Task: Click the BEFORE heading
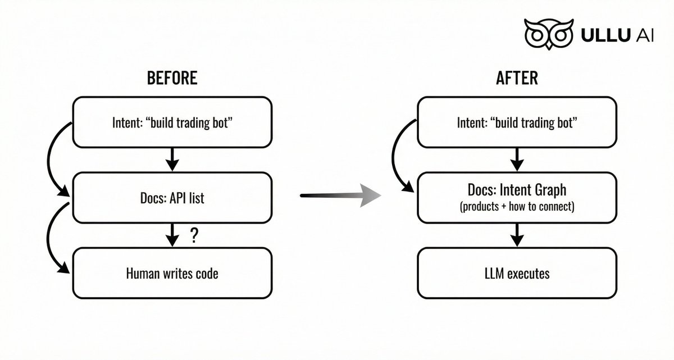pyautogui.click(x=172, y=78)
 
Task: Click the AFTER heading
pyautogui.click(x=517, y=78)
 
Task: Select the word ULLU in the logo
pyautogui.click(x=605, y=35)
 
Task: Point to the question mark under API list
pyautogui.click(x=195, y=235)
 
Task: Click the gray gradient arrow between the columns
pyautogui.click(x=340, y=195)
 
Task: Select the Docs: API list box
pyautogui.click(x=172, y=198)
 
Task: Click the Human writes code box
pyautogui.click(x=172, y=273)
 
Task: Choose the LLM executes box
pyautogui.click(x=517, y=273)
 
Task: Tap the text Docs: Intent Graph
pyautogui.click(x=517, y=190)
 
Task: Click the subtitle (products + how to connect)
pyautogui.click(x=517, y=207)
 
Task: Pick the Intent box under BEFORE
pyautogui.click(x=172, y=122)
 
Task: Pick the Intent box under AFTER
pyautogui.click(x=517, y=122)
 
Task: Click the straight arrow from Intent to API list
pyautogui.click(x=172, y=160)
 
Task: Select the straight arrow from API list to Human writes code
pyautogui.click(x=172, y=235)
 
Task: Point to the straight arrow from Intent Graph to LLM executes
pyautogui.click(x=517, y=235)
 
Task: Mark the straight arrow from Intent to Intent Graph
pyautogui.click(x=517, y=160)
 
